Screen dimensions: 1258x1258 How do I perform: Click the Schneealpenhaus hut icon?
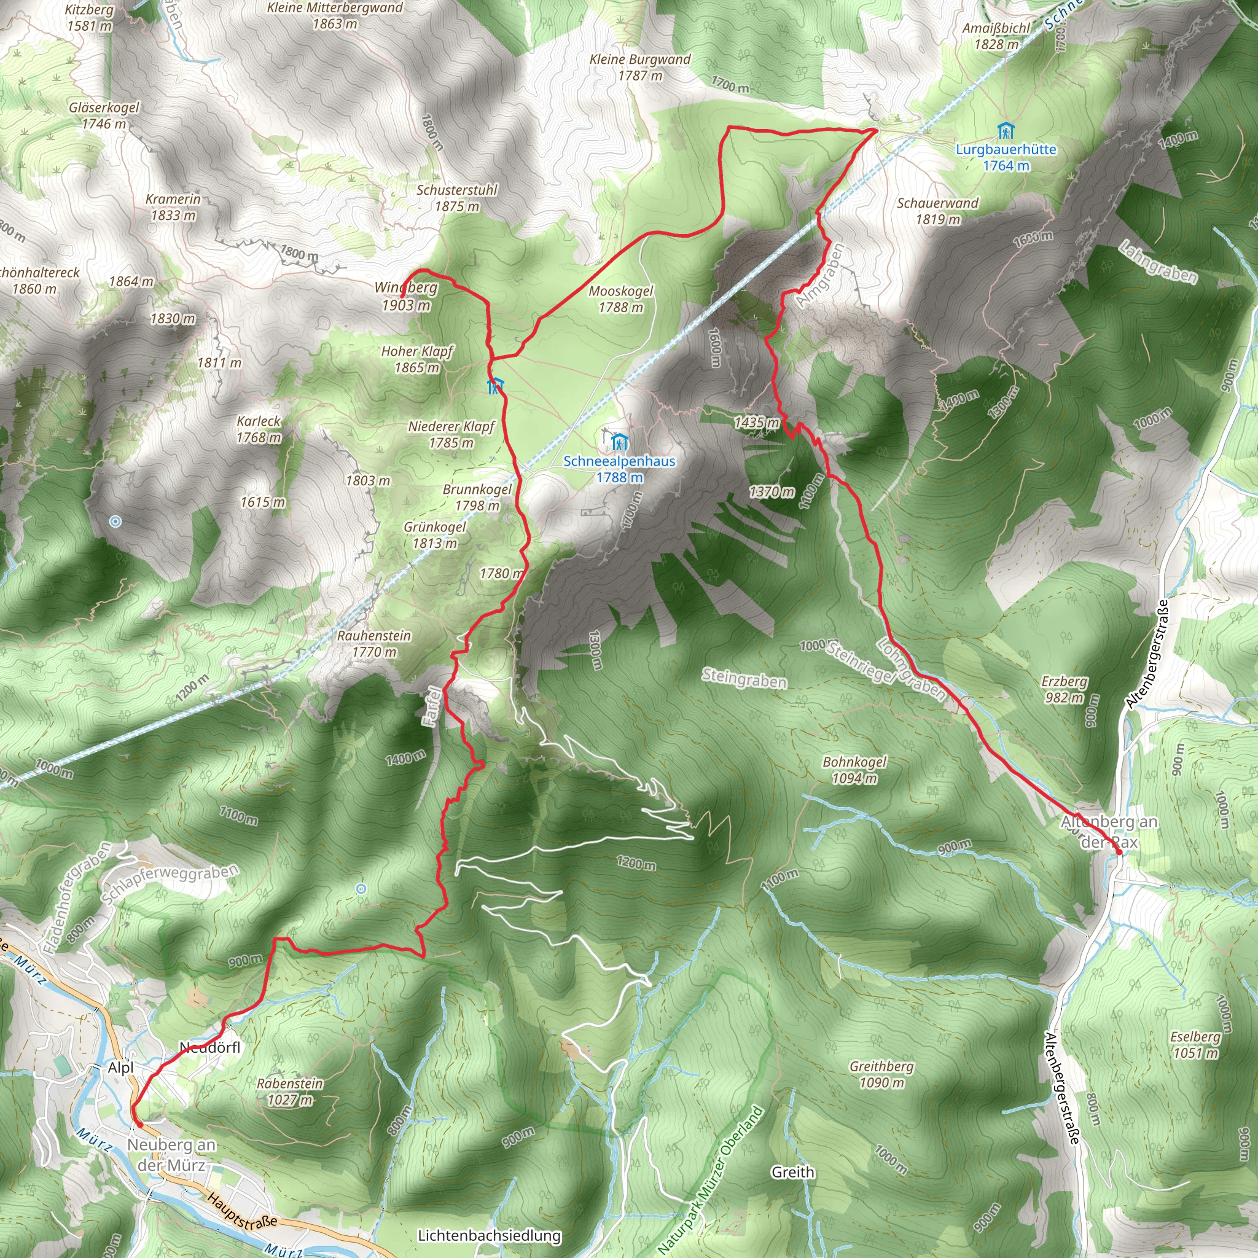[619, 442]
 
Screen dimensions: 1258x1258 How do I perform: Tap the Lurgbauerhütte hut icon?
[1006, 131]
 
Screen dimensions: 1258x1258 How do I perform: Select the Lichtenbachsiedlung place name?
[489, 1235]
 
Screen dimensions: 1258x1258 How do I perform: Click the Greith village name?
[792, 1172]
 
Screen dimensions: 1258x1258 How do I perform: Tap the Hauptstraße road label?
[242, 1211]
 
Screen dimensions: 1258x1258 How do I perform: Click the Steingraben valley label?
[744, 679]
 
